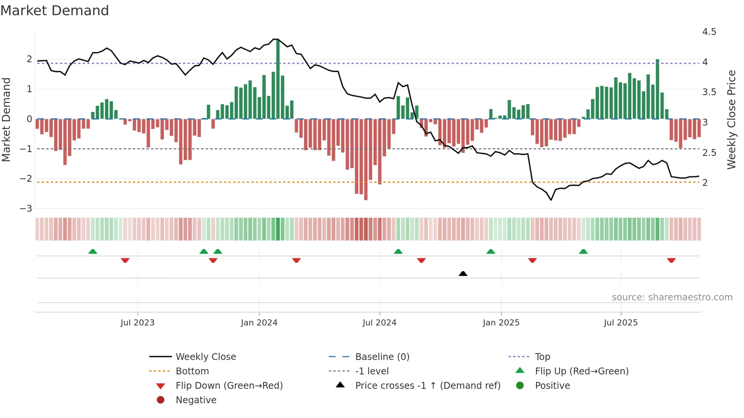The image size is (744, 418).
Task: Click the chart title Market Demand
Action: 55,11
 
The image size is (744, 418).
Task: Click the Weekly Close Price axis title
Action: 731,119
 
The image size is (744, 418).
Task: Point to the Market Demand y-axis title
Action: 6,119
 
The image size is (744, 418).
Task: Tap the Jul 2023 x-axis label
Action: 137,323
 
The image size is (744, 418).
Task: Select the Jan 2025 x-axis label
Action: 501,323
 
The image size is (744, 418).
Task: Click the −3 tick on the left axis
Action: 26,209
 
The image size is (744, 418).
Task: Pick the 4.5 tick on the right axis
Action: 709,32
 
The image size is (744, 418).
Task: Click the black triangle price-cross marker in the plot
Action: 463,273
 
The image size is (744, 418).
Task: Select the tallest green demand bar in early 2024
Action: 278,80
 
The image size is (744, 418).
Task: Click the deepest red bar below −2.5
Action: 366,159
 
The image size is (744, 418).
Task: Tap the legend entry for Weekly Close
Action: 205,357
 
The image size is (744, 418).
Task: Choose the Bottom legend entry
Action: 192,371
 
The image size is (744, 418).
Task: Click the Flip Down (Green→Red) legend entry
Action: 229,386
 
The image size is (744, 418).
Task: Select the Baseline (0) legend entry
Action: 382,357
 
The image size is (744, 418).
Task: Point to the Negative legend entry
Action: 196,400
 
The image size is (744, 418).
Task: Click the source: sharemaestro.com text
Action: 672,297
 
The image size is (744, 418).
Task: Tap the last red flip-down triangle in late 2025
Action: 671,260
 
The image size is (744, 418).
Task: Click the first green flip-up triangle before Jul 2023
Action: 93,251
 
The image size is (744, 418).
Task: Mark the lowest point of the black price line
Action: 551,200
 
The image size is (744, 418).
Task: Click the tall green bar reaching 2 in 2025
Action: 657,89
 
